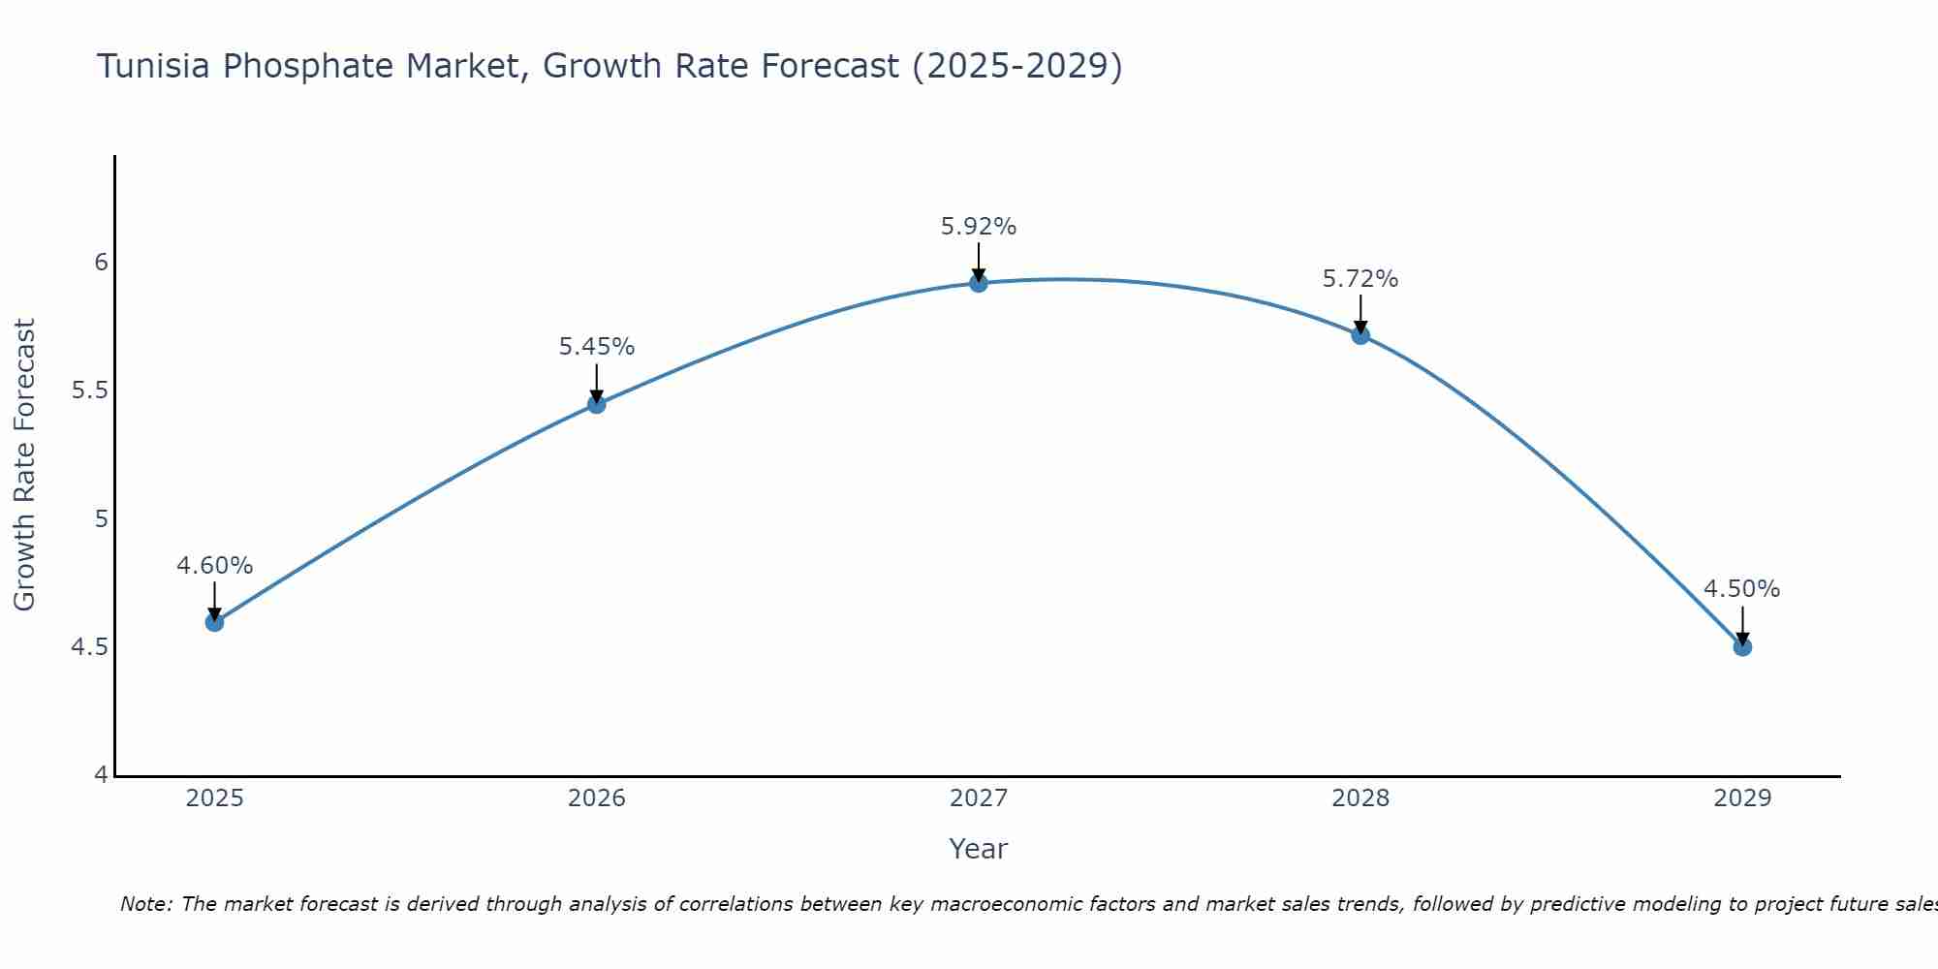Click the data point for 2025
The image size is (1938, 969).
coord(214,622)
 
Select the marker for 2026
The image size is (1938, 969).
coord(596,404)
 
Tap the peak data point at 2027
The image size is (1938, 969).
coord(979,283)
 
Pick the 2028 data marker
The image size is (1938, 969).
coord(1360,335)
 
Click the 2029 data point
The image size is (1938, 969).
coord(1742,646)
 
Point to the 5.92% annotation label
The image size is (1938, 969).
coord(979,227)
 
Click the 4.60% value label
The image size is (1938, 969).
coord(214,566)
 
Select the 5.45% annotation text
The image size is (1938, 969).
coord(596,347)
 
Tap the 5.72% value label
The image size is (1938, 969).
coord(1360,279)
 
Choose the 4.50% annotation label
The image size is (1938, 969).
coord(1741,589)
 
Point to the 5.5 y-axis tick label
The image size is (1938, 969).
coord(90,391)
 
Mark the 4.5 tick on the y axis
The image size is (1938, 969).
coord(90,646)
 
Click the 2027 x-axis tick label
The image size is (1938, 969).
coord(979,798)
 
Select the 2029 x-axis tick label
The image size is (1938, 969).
coord(1742,798)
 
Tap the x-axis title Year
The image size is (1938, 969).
coord(979,849)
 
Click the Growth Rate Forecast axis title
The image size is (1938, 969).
coord(25,464)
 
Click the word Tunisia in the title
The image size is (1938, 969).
coord(155,67)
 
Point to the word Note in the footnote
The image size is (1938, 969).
coord(145,904)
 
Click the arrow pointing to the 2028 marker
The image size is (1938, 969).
coord(1360,314)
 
